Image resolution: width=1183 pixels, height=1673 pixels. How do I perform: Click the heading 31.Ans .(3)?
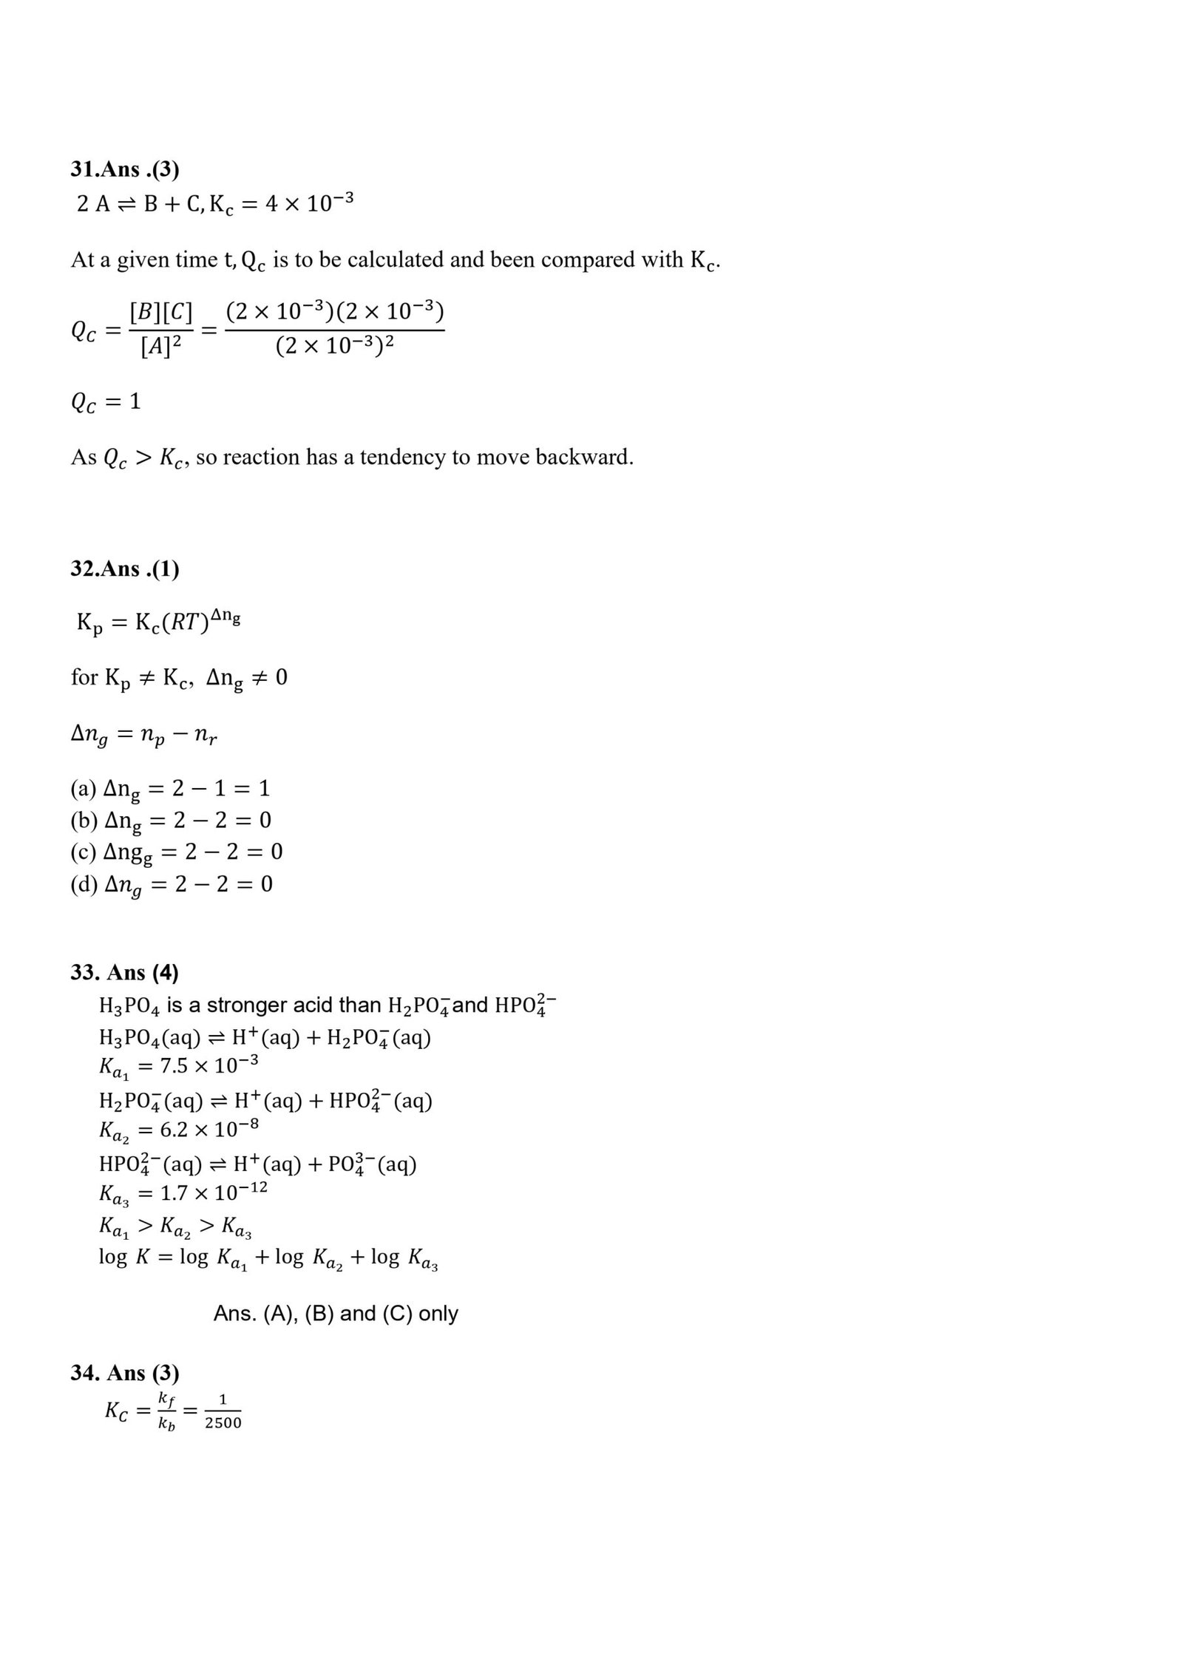point(124,169)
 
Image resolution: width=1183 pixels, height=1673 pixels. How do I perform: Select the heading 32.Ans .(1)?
point(124,569)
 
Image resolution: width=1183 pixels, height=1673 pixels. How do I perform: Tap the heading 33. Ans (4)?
point(124,972)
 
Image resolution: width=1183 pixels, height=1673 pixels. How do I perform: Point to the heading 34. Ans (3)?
point(124,1373)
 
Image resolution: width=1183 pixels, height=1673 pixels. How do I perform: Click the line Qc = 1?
point(106,402)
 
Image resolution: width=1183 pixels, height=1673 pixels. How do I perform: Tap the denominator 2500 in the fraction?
point(223,1423)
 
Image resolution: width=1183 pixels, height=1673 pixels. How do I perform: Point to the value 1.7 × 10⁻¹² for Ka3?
point(214,1192)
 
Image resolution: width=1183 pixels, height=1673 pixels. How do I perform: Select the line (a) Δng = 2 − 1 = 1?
point(170,789)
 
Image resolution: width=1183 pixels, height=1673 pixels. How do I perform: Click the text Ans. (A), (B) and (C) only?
point(336,1314)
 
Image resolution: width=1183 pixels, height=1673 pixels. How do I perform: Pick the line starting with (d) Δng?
point(172,884)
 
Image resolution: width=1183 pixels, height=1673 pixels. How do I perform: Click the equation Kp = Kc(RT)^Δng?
point(158,622)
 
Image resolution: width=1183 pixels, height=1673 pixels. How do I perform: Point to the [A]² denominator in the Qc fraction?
point(160,346)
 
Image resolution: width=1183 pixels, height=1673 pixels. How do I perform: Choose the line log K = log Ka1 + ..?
point(268,1258)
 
